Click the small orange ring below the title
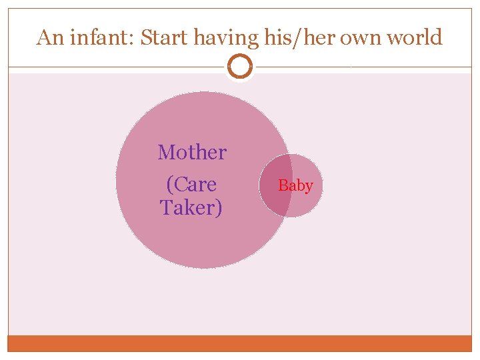[240, 67]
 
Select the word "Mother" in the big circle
[192, 153]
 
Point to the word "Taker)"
[191, 208]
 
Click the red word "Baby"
[295, 185]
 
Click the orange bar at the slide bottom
[240, 343]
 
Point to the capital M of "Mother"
[167, 153]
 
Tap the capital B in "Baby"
[283, 185]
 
